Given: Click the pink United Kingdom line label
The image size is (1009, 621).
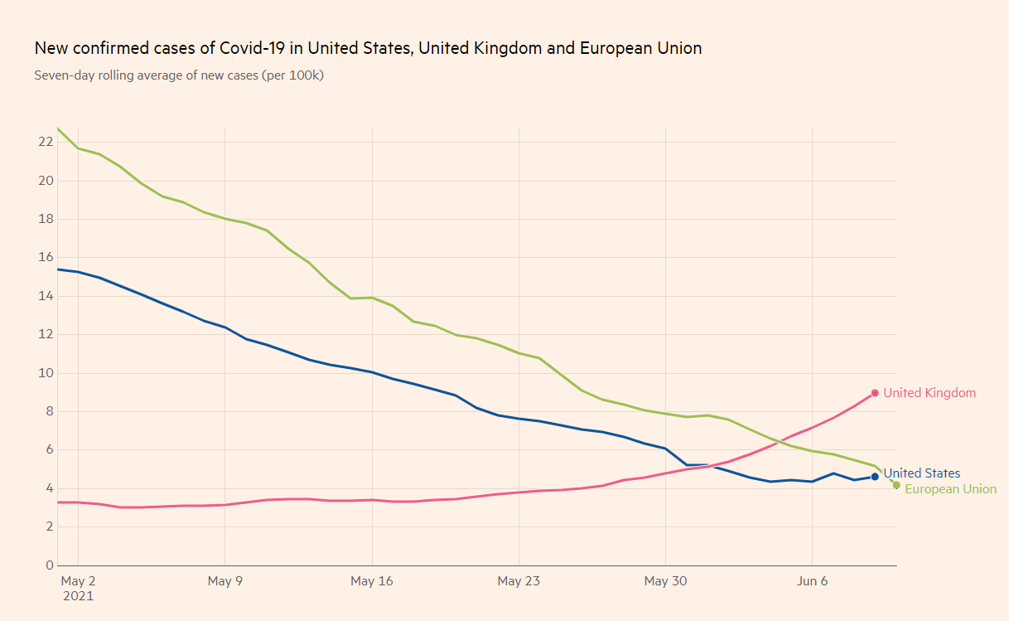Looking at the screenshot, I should pos(929,393).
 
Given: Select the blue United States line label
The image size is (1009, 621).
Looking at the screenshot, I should pos(921,473).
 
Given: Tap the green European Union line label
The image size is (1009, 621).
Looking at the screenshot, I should pos(950,489).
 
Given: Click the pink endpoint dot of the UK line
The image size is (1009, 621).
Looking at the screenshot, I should pos(875,393).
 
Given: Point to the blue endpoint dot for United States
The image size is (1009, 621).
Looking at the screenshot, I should pos(875,477).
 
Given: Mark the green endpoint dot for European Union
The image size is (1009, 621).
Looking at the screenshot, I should pos(896,485).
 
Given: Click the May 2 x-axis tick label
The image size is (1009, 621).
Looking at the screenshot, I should pos(78,581).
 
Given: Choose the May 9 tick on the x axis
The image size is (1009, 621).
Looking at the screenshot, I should pos(224,581).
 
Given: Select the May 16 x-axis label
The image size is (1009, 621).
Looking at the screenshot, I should pos(372,581).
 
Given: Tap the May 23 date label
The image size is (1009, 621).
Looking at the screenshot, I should pos(519,581).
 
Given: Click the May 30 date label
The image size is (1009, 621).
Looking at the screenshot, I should pos(666,581).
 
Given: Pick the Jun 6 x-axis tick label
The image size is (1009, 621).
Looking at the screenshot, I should pos(812,581).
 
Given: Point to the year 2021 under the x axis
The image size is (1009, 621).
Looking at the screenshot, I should pos(78,595).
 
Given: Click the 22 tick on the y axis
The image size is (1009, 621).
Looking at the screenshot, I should pos(45,142).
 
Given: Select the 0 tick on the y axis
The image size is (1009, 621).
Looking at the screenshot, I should pos(49,565).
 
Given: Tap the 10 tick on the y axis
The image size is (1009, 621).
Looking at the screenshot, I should pos(45,373).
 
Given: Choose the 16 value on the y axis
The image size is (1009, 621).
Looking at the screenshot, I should pos(45,258).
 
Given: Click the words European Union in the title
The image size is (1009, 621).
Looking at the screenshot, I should pos(640,48).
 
